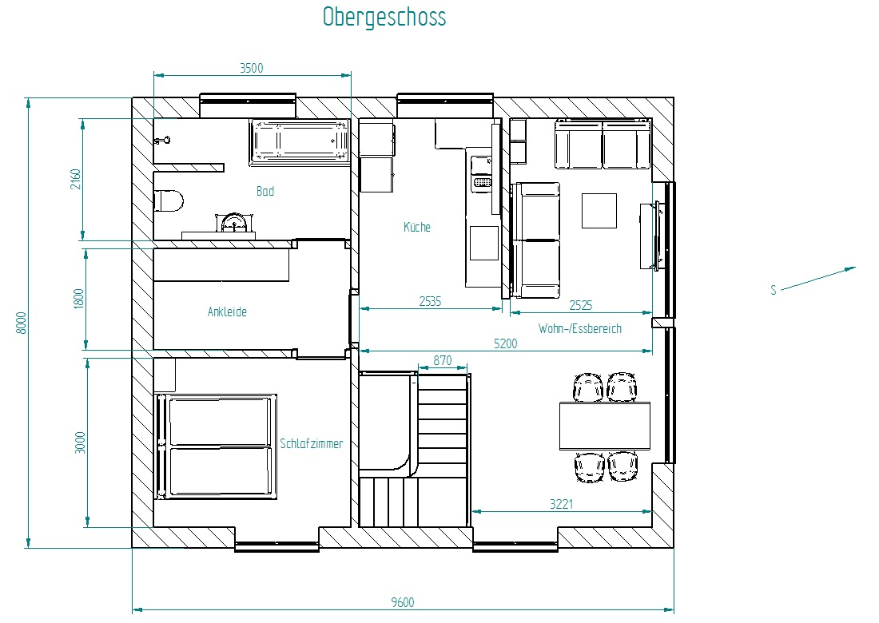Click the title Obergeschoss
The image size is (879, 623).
point(384,17)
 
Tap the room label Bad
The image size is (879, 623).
point(265,191)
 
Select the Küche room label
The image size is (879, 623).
point(417,227)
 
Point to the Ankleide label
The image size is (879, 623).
point(227,311)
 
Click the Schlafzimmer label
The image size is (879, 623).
point(312,443)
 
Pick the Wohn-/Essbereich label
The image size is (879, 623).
point(580,328)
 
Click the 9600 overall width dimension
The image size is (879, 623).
point(403,602)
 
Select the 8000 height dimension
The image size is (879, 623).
point(22,323)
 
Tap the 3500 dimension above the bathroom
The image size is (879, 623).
point(252,68)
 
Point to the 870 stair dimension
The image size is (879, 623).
point(443,360)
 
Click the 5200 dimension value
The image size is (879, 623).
point(506,343)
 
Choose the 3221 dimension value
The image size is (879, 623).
point(561,504)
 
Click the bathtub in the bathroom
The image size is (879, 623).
point(300,141)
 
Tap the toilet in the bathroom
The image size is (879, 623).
point(169,200)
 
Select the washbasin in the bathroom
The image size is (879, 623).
point(234,224)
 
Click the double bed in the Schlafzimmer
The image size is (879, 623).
point(217,446)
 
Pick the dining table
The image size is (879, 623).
point(605,426)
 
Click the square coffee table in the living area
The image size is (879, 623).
point(599,211)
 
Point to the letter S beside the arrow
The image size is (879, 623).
point(774,290)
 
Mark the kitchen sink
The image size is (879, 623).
point(482,173)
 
